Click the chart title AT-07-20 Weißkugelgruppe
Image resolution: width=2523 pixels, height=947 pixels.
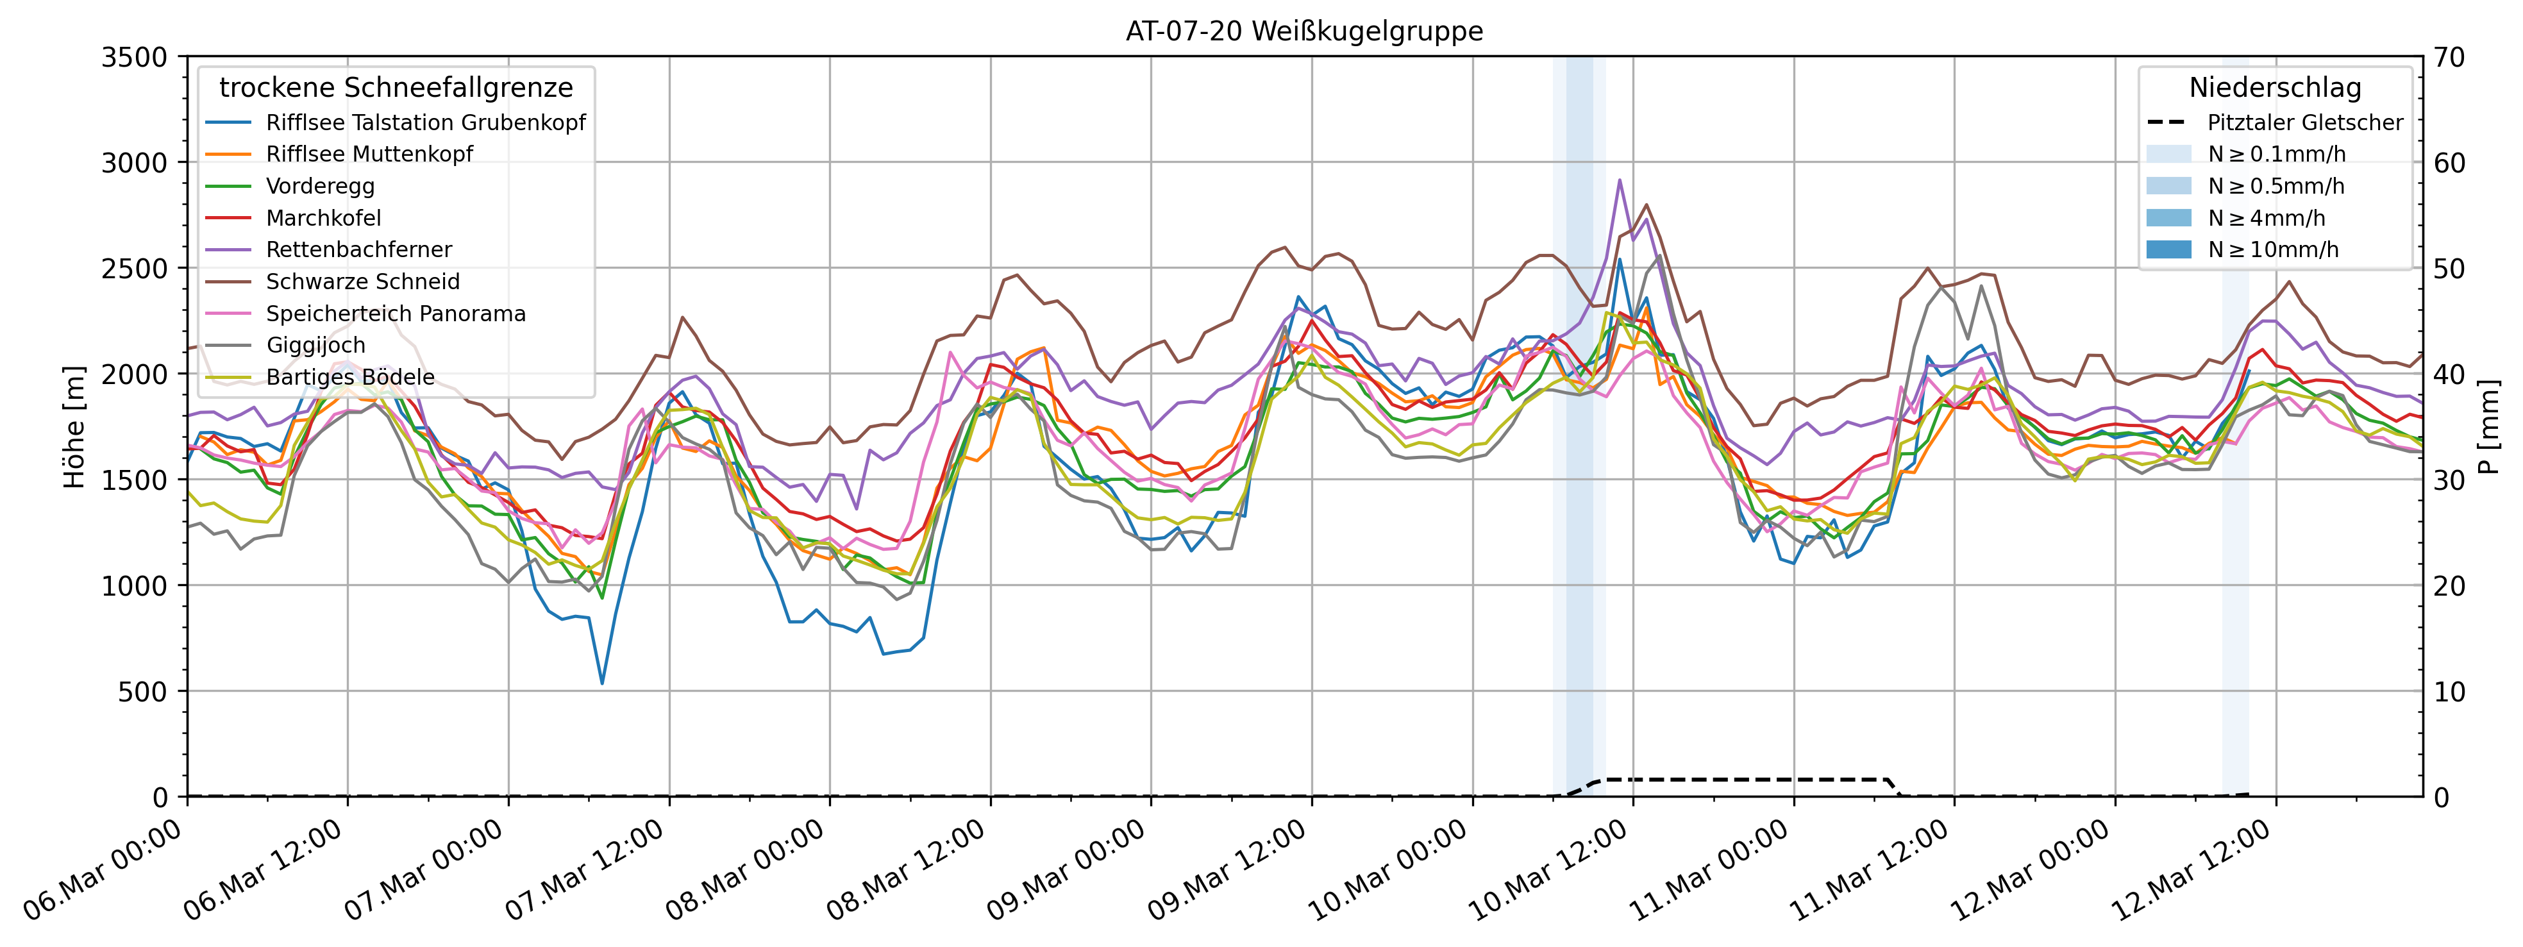[1303, 31]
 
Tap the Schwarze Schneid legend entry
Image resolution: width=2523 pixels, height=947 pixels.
[362, 282]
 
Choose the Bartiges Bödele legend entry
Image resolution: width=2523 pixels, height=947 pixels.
[349, 377]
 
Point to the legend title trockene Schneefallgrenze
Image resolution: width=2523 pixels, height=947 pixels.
[396, 88]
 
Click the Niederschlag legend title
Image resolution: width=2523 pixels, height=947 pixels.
[2274, 88]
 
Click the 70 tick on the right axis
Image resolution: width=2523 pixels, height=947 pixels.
[2449, 58]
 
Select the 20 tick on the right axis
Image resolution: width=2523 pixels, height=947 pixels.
[2449, 585]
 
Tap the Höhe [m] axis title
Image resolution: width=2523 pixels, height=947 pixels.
[74, 427]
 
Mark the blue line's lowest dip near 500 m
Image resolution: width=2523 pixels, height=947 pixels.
[602, 683]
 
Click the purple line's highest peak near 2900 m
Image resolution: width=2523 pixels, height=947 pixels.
[1619, 180]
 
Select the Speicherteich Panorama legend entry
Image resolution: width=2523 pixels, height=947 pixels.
[395, 314]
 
